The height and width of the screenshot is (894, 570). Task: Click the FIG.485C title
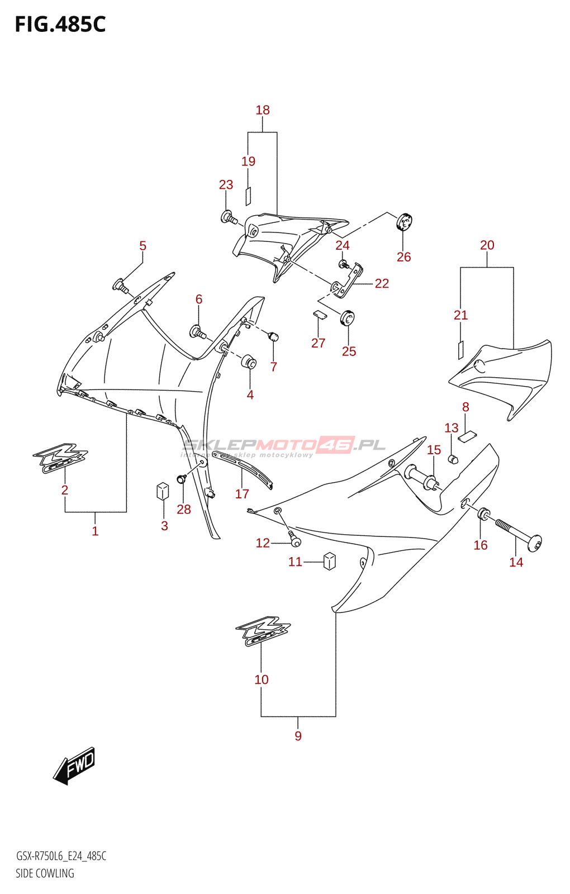[x=60, y=25]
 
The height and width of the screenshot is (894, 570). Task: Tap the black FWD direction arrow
[x=75, y=765]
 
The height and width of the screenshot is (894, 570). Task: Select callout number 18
[x=263, y=110]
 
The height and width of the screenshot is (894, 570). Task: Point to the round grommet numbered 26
[x=404, y=222]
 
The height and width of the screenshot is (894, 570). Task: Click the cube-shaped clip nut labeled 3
[x=163, y=491]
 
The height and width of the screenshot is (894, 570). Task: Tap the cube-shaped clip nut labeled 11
[x=330, y=560]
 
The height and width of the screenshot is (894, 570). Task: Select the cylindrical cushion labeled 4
[x=249, y=362]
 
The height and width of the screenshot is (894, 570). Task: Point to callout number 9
[x=298, y=736]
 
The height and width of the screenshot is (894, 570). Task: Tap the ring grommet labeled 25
[x=348, y=318]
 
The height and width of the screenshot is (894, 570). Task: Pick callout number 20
[x=487, y=245]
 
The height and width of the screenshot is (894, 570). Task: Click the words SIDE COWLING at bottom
[x=45, y=873]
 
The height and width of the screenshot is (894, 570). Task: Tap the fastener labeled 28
[x=182, y=479]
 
